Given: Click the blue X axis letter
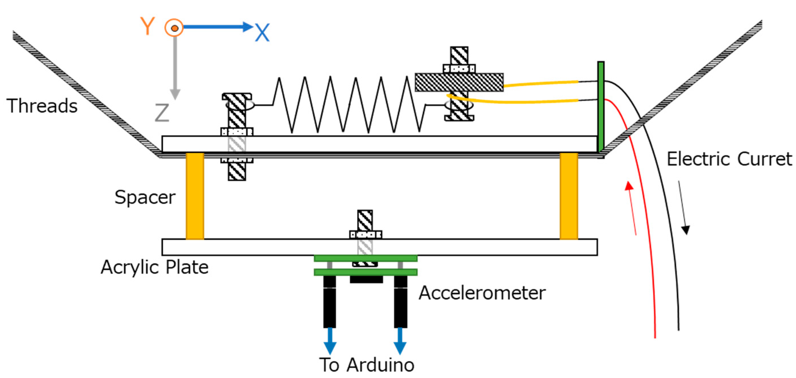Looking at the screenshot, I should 262,32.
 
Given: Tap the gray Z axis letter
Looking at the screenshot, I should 162,113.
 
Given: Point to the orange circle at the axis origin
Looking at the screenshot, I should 174,28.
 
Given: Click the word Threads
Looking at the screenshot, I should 42,106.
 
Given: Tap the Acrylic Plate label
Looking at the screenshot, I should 155,267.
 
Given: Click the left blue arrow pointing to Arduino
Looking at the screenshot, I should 330,341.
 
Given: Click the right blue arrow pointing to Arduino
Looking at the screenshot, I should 400,341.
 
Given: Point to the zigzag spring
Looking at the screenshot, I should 349,105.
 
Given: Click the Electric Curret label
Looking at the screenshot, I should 729,159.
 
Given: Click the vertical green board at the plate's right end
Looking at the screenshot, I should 601,106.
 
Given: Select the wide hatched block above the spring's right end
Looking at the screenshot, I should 459,82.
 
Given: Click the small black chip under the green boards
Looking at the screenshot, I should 366,279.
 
